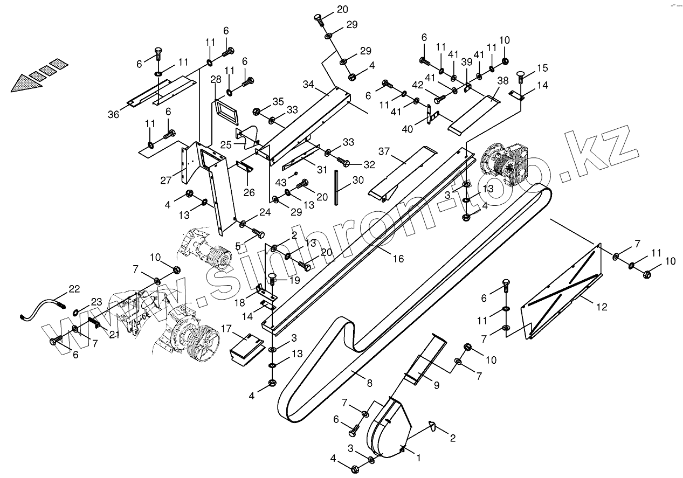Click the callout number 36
(x=113, y=114)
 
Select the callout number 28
(x=216, y=80)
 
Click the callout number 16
(x=398, y=259)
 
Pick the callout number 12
(x=602, y=307)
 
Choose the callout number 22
(x=74, y=289)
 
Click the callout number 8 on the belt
(x=369, y=384)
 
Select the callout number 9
(x=436, y=385)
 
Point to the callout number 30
(x=357, y=180)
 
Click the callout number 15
(x=542, y=68)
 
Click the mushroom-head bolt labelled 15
(x=521, y=75)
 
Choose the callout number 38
(x=502, y=80)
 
